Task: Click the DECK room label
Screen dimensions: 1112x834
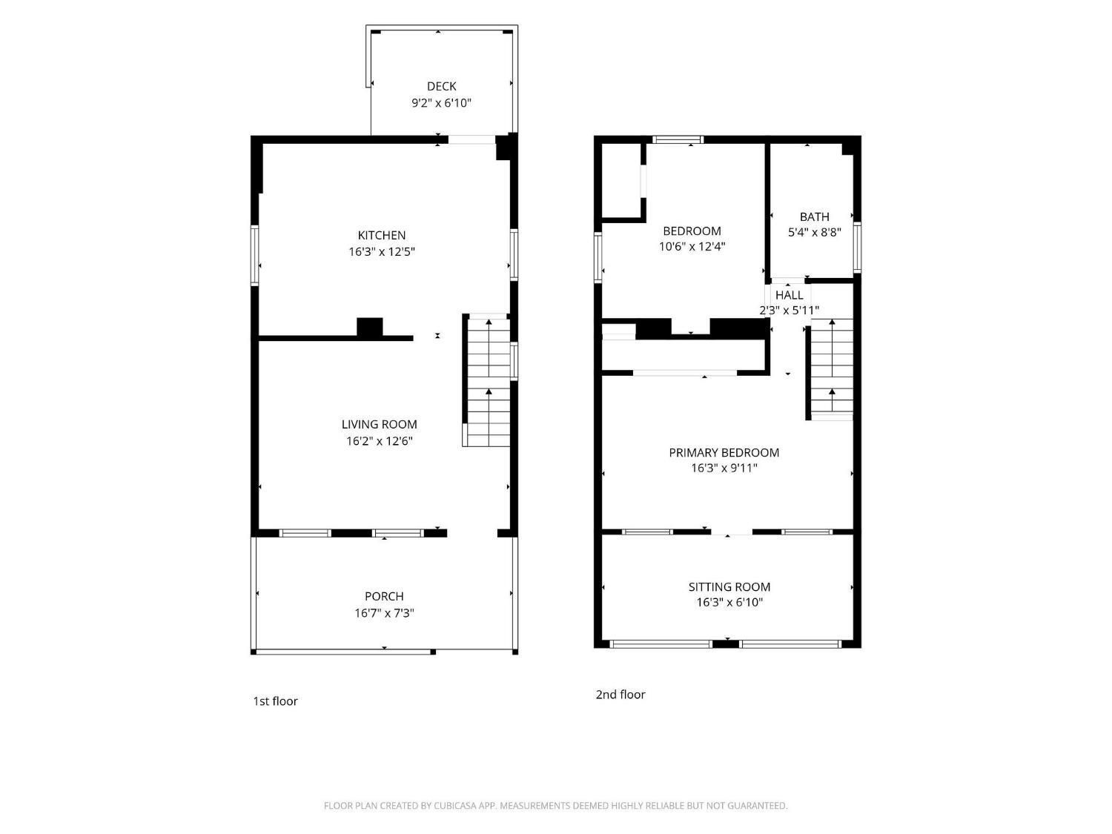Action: [x=441, y=87]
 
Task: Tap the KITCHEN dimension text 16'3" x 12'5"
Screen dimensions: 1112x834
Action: [x=382, y=251]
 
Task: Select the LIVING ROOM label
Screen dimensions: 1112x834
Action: [x=379, y=424]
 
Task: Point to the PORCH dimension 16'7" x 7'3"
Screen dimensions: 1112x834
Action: [x=384, y=613]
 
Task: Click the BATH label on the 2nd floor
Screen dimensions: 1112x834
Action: [x=814, y=216]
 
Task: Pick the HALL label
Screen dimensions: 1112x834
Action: [x=789, y=295]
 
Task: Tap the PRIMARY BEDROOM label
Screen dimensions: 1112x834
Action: [x=724, y=453]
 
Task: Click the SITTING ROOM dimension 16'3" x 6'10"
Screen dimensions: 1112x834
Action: [x=729, y=602]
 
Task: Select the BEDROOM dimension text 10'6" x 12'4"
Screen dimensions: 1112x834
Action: [x=692, y=247]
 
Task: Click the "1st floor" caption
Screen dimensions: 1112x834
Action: [x=275, y=701]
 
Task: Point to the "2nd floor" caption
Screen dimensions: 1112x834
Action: [x=620, y=694]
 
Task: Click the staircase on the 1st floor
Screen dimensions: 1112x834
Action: [x=486, y=380]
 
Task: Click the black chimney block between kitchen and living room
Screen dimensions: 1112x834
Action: [x=370, y=327]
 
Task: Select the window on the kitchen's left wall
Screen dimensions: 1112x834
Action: [x=255, y=256]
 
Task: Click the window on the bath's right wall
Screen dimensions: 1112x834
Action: [x=857, y=248]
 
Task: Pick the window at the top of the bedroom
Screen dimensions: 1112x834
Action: [x=678, y=140]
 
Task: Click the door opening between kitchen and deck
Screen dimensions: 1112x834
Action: [x=471, y=140]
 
